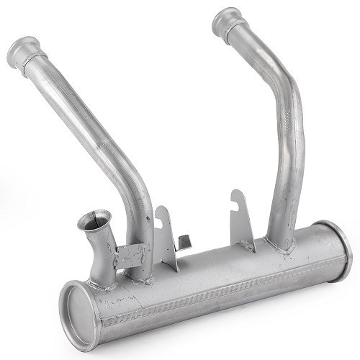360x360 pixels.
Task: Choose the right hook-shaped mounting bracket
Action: (242, 220)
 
